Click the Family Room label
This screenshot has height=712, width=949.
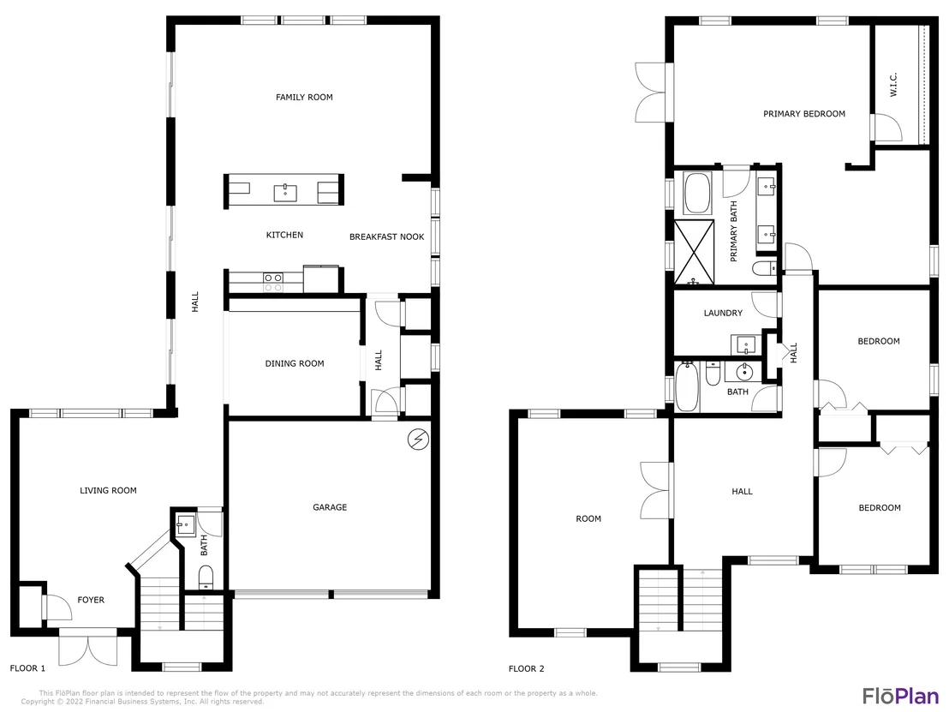click(304, 97)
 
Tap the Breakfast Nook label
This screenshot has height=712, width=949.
click(387, 236)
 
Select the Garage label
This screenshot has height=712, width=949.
click(330, 507)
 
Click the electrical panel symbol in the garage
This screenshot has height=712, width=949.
click(418, 440)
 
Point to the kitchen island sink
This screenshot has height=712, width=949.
click(285, 193)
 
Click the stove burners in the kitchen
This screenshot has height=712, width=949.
click(273, 282)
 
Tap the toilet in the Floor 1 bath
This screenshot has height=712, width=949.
click(206, 577)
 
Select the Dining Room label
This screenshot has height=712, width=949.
click(295, 363)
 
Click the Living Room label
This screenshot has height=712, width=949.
click(108, 490)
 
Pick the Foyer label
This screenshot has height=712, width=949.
click(91, 600)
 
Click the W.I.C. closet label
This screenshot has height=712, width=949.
click(893, 85)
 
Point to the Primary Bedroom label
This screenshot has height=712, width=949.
click(803, 114)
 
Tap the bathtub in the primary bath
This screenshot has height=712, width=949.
click(698, 193)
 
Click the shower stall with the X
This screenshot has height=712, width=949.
click(695, 253)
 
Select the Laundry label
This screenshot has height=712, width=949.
click(723, 313)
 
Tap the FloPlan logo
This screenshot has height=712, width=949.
click(900, 696)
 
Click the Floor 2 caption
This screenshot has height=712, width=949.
click(526, 668)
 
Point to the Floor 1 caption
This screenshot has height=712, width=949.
click(27, 668)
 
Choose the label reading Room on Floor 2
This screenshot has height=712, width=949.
click(588, 519)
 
